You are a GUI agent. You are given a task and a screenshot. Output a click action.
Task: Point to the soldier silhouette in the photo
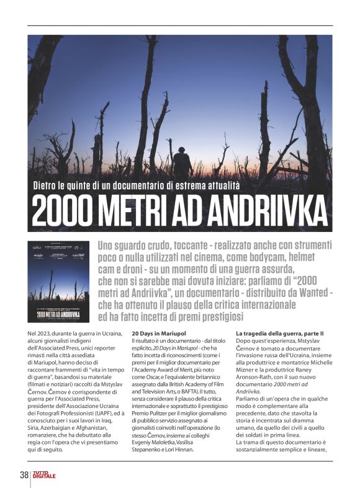pos(182,162)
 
